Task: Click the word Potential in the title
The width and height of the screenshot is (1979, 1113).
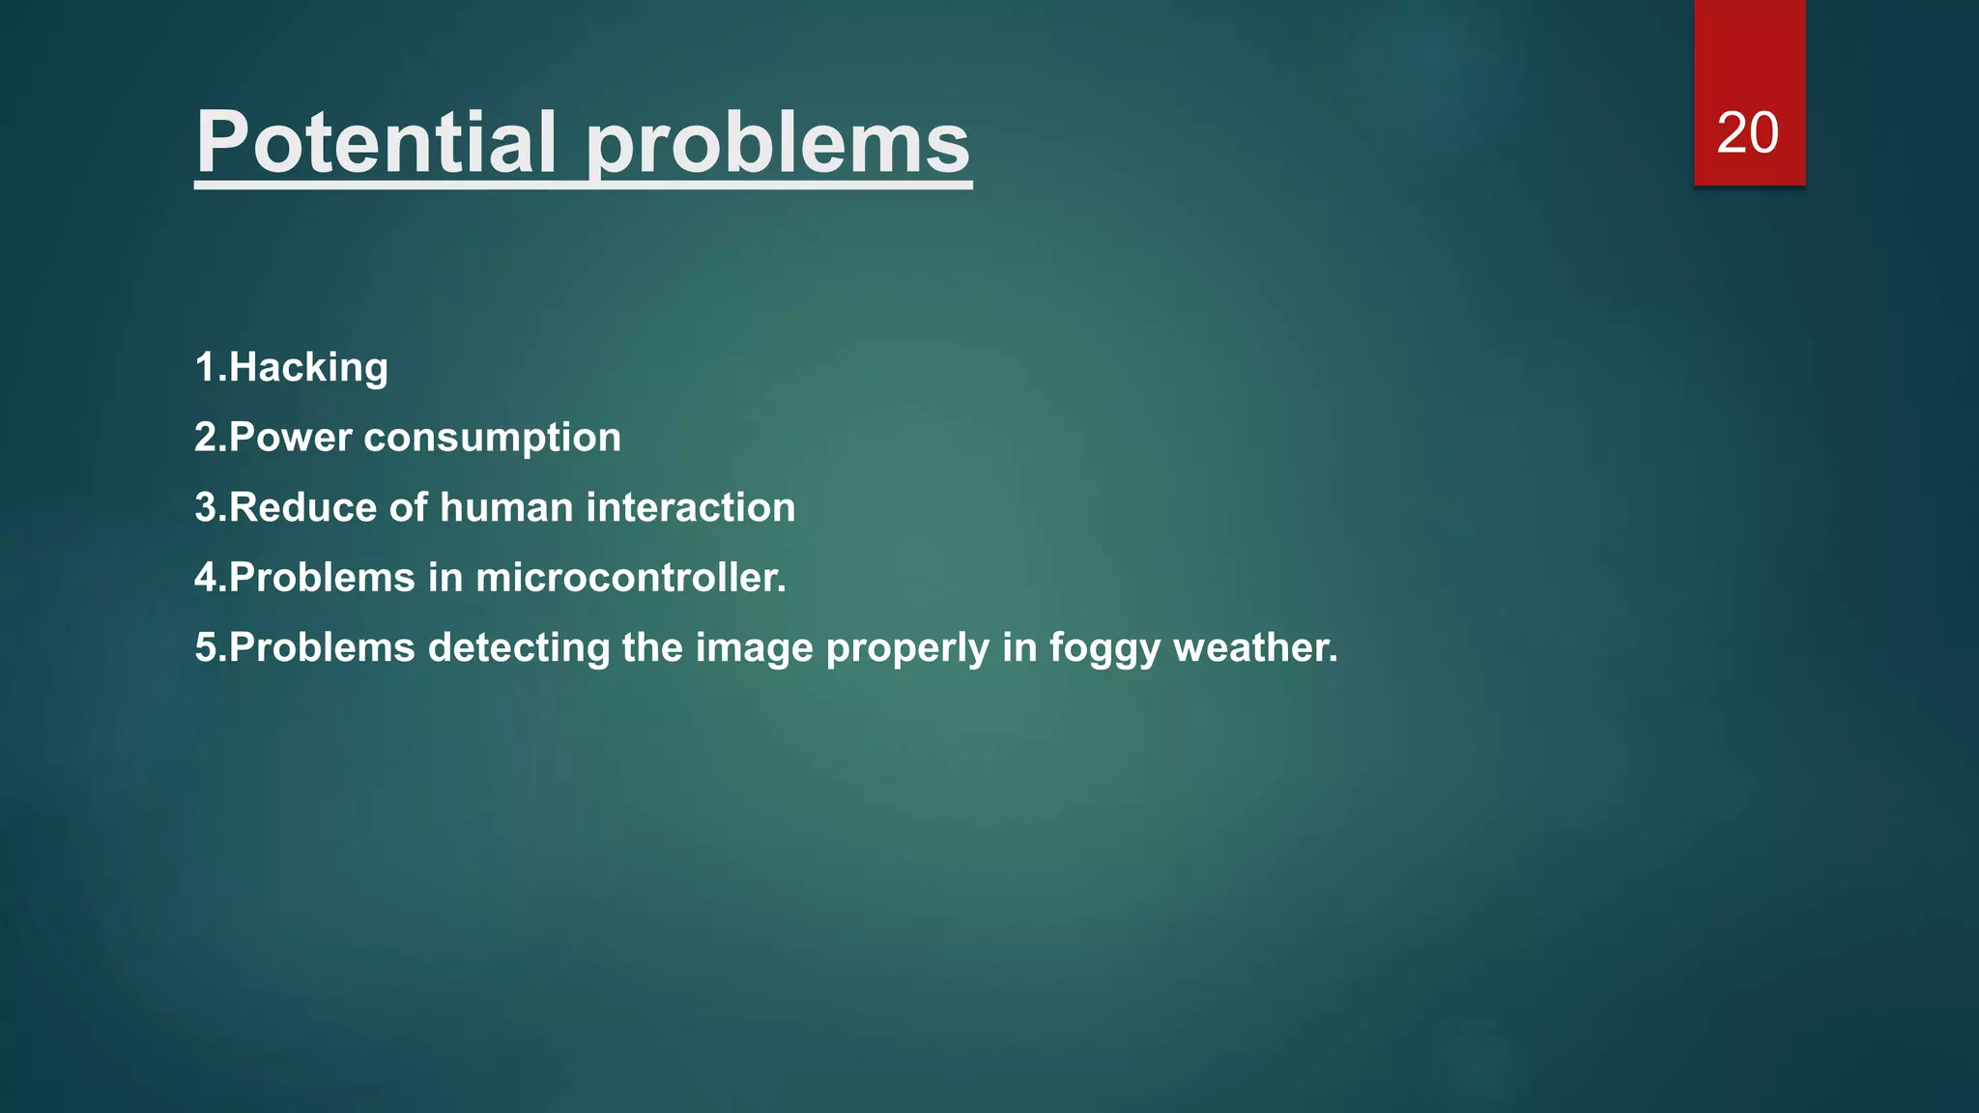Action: coord(376,142)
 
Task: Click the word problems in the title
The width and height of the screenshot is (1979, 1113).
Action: coord(778,145)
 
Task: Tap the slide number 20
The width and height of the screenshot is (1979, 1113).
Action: coord(1747,132)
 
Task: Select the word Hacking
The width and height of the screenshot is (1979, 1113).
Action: coord(308,368)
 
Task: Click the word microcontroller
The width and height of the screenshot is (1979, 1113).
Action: coord(631,578)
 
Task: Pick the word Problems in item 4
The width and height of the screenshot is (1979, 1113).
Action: coord(322,578)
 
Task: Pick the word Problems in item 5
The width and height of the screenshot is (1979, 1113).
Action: coord(322,648)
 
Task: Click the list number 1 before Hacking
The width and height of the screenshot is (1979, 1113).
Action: coord(204,368)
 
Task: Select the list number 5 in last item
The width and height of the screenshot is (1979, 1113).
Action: coord(206,648)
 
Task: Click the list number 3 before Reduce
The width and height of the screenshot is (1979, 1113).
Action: coord(206,508)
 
